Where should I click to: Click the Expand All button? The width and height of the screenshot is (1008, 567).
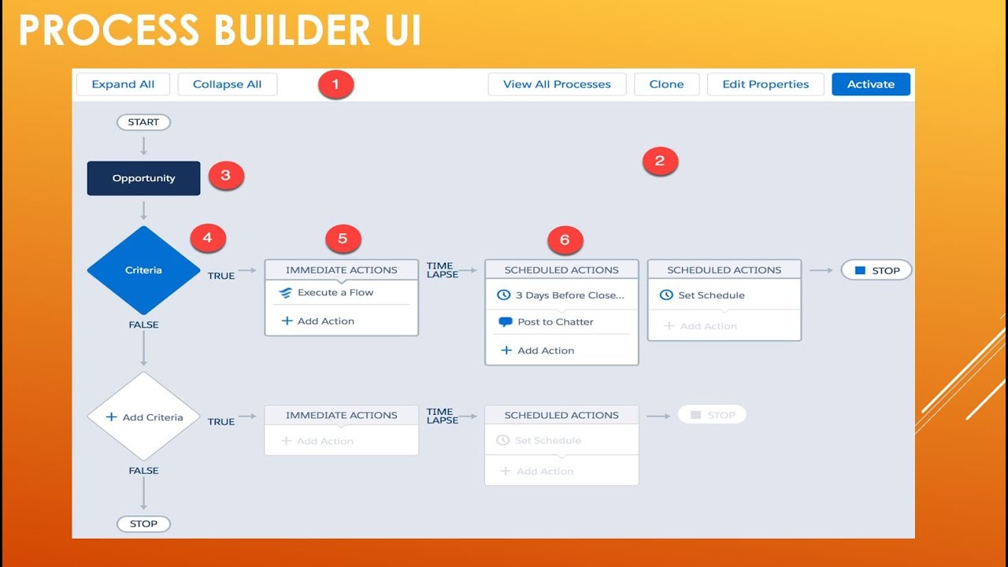[x=123, y=84]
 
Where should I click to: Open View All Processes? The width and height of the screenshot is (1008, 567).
[x=557, y=84]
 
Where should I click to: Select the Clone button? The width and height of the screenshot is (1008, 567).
[x=666, y=84]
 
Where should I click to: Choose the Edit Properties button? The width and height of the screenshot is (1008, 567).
[x=765, y=84]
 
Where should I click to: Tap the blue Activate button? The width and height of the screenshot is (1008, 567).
[x=871, y=84]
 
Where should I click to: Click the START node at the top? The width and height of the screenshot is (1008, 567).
[x=143, y=122]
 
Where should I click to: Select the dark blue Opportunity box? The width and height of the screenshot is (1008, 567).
[x=143, y=178]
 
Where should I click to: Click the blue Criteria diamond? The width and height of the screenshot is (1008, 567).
[x=143, y=270]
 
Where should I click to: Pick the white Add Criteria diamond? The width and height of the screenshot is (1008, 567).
[x=143, y=417]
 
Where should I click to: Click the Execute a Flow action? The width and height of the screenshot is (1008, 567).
[x=335, y=292]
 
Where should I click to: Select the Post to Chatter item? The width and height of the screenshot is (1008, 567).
[x=554, y=321]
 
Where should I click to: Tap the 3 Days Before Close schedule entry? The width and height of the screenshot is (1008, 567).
[x=569, y=295]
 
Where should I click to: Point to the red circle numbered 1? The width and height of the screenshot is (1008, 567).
[x=336, y=84]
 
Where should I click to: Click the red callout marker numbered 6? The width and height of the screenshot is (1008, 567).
[x=565, y=240]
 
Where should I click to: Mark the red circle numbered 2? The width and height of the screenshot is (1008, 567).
[x=660, y=161]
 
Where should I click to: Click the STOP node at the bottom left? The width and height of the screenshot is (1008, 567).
[x=143, y=524]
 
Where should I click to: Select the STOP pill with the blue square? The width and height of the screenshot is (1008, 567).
[x=876, y=270]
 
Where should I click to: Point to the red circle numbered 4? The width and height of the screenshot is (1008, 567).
[x=208, y=237]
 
